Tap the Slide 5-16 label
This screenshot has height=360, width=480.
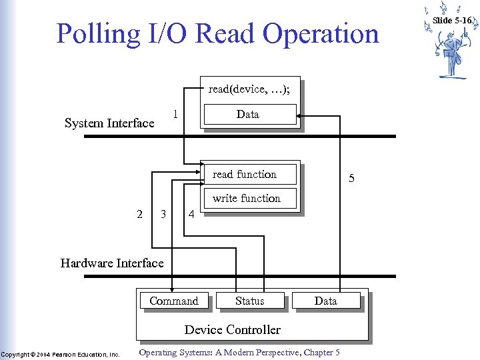point(452,21)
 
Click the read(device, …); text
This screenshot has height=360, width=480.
point(249,89)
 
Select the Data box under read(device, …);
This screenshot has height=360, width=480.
point(249,115)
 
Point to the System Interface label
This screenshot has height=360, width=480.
point(109,123)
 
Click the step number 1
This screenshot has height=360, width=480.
point(175,114)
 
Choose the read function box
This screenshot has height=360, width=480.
point(249,174)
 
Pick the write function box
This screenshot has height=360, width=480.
point(249,198)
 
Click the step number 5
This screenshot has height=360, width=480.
point(351,179)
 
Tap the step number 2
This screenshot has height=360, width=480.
point(139,214)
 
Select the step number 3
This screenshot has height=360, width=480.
point(163,214)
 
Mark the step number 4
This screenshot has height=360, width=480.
point(191,215)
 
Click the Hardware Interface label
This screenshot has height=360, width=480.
point(112,263)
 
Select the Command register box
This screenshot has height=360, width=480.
point(174,301)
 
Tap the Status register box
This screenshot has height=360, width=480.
point(250,301)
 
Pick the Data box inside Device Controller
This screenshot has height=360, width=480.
point(326,301)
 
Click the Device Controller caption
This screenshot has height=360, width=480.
point(233,329)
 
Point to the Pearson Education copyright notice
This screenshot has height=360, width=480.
point(60,354)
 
